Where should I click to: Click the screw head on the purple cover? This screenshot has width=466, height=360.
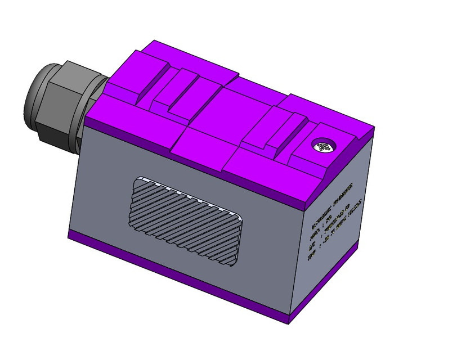click(325, 147)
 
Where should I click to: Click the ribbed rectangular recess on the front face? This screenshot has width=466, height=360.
click(186, 222)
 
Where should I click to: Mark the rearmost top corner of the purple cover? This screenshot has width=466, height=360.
click(155, 43)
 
